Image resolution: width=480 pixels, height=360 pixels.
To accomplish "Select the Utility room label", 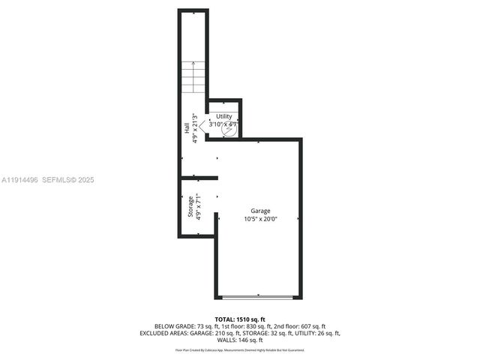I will tap(224, 116).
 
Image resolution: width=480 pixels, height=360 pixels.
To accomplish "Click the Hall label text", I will tap(187, 129).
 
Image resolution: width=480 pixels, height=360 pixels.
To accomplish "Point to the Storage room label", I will tap(190, 207).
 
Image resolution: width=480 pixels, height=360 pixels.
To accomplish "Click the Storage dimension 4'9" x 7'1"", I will tap(199, 207).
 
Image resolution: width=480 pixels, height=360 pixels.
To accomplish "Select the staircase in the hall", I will tap(192, 77).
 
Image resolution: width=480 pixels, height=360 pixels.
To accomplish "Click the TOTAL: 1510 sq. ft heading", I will tap(239, 319).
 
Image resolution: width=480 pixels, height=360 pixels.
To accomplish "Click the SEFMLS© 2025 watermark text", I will tap(67, 180).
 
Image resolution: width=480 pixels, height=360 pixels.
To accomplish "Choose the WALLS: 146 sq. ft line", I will tap(239, 340).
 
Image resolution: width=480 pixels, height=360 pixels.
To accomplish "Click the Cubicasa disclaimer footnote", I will tap(239, 349).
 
